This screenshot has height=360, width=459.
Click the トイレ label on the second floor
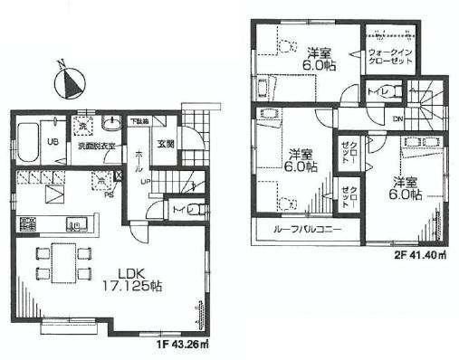coord(376,91)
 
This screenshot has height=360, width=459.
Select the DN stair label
coord(398,118)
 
